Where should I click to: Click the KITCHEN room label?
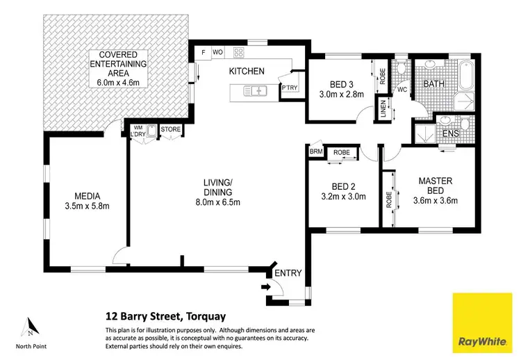247,70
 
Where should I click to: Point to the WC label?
402,89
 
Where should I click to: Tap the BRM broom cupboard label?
316,152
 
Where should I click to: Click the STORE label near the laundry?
170,129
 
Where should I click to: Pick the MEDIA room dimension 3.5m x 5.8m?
88,206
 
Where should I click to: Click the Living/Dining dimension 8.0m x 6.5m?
216,202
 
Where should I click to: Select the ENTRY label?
288,273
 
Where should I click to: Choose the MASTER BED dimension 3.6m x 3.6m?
435,202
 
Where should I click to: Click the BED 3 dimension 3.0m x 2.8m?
341,95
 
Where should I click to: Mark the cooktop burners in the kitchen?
238,51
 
